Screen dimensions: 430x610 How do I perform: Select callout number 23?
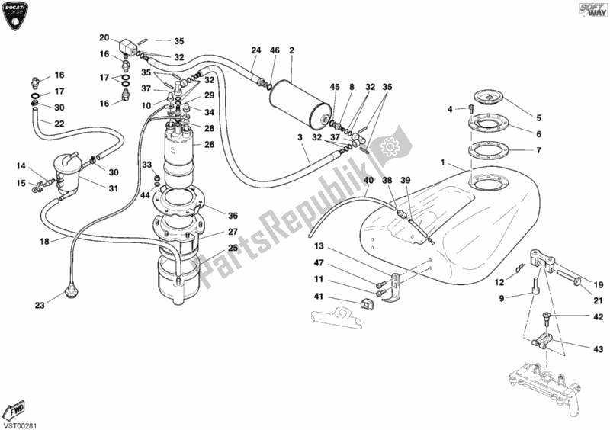coord(39,306)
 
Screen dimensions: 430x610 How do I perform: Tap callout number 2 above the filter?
coord(291,50)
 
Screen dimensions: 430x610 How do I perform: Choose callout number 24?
coord(256,50)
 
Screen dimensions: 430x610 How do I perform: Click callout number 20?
coord(104,37)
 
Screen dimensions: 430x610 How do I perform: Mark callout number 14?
coord(22,165)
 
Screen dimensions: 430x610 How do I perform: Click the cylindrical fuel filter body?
coord(300,97)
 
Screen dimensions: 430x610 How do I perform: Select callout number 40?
coord(368,181)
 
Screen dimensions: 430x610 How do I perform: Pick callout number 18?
coord(46,241)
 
